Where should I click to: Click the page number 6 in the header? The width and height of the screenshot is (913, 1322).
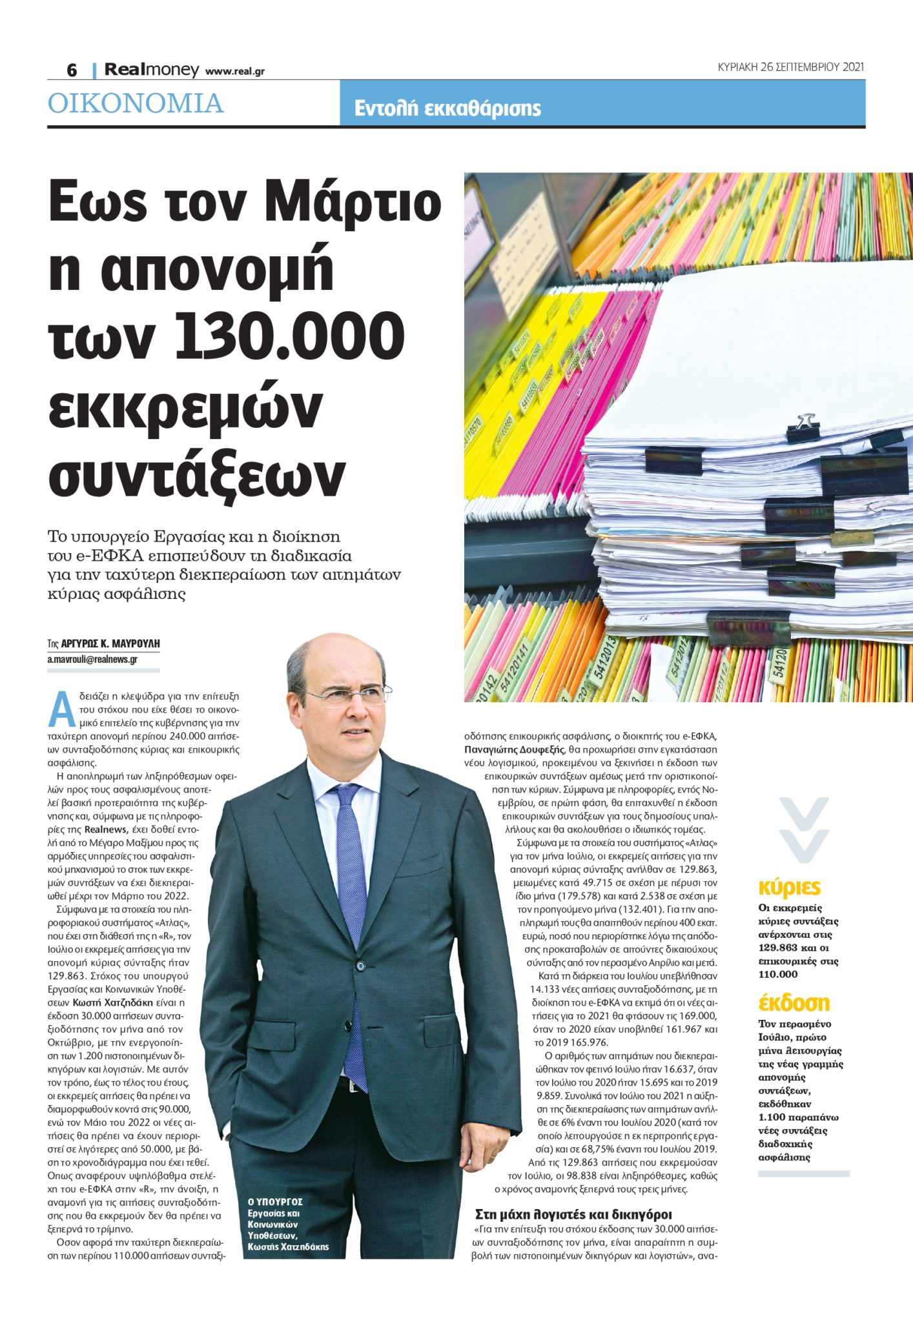tap(72, 70)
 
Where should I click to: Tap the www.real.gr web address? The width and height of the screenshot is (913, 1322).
tap(235, 71)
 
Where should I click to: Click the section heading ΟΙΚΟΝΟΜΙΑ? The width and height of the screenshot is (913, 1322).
tap(136, 103)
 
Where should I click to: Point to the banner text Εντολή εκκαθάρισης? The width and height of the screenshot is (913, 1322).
tap(447, 108)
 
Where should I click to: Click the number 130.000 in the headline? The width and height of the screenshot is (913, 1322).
tap(290, 336)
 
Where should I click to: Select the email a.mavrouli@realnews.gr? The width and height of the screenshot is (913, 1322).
tap(92, 659)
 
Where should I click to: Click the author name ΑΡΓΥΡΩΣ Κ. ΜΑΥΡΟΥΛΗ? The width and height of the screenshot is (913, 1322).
tap(110, 644)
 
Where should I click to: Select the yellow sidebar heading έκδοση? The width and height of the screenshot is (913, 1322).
tap(794, 1002)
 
